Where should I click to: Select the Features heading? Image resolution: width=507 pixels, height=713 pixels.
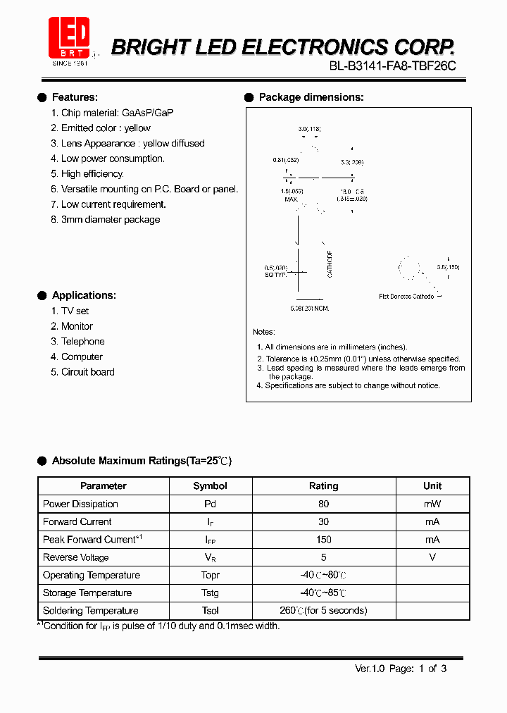(x=75, y=97)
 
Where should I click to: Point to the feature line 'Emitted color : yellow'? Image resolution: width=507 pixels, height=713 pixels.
(x=106, y=128)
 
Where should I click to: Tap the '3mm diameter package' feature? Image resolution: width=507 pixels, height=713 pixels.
(x=111, y=220)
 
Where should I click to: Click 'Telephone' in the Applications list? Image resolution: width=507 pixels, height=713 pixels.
(x=82, y=342)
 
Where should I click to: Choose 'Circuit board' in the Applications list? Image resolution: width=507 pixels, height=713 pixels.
(x=87, y=372)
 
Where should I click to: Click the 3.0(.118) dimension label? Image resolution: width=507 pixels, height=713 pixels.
(x=309, y=130)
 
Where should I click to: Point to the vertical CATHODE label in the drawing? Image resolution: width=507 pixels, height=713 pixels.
(x=330, y=263)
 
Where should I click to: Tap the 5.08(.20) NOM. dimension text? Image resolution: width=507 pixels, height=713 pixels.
(x=310, y=309)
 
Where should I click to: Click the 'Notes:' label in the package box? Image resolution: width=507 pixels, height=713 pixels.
(x=264, y=332)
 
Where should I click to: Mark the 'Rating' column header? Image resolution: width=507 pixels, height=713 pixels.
(x=324, y=486)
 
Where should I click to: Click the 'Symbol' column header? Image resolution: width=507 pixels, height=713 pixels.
(x=210, y=486)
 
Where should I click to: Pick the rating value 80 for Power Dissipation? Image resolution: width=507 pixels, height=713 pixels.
(x=324, y=504)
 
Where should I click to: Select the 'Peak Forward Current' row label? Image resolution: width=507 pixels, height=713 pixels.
(x=92, y=540)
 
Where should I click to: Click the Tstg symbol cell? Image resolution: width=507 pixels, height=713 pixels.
(x=210, y=593)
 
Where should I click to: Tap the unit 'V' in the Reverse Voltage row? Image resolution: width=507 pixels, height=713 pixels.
(x=432, y=557)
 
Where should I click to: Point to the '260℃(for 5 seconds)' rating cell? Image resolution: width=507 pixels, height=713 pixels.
(x=324, y=611)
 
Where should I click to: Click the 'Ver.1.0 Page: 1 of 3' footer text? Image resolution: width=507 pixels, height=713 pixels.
(x=400, y=669)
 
